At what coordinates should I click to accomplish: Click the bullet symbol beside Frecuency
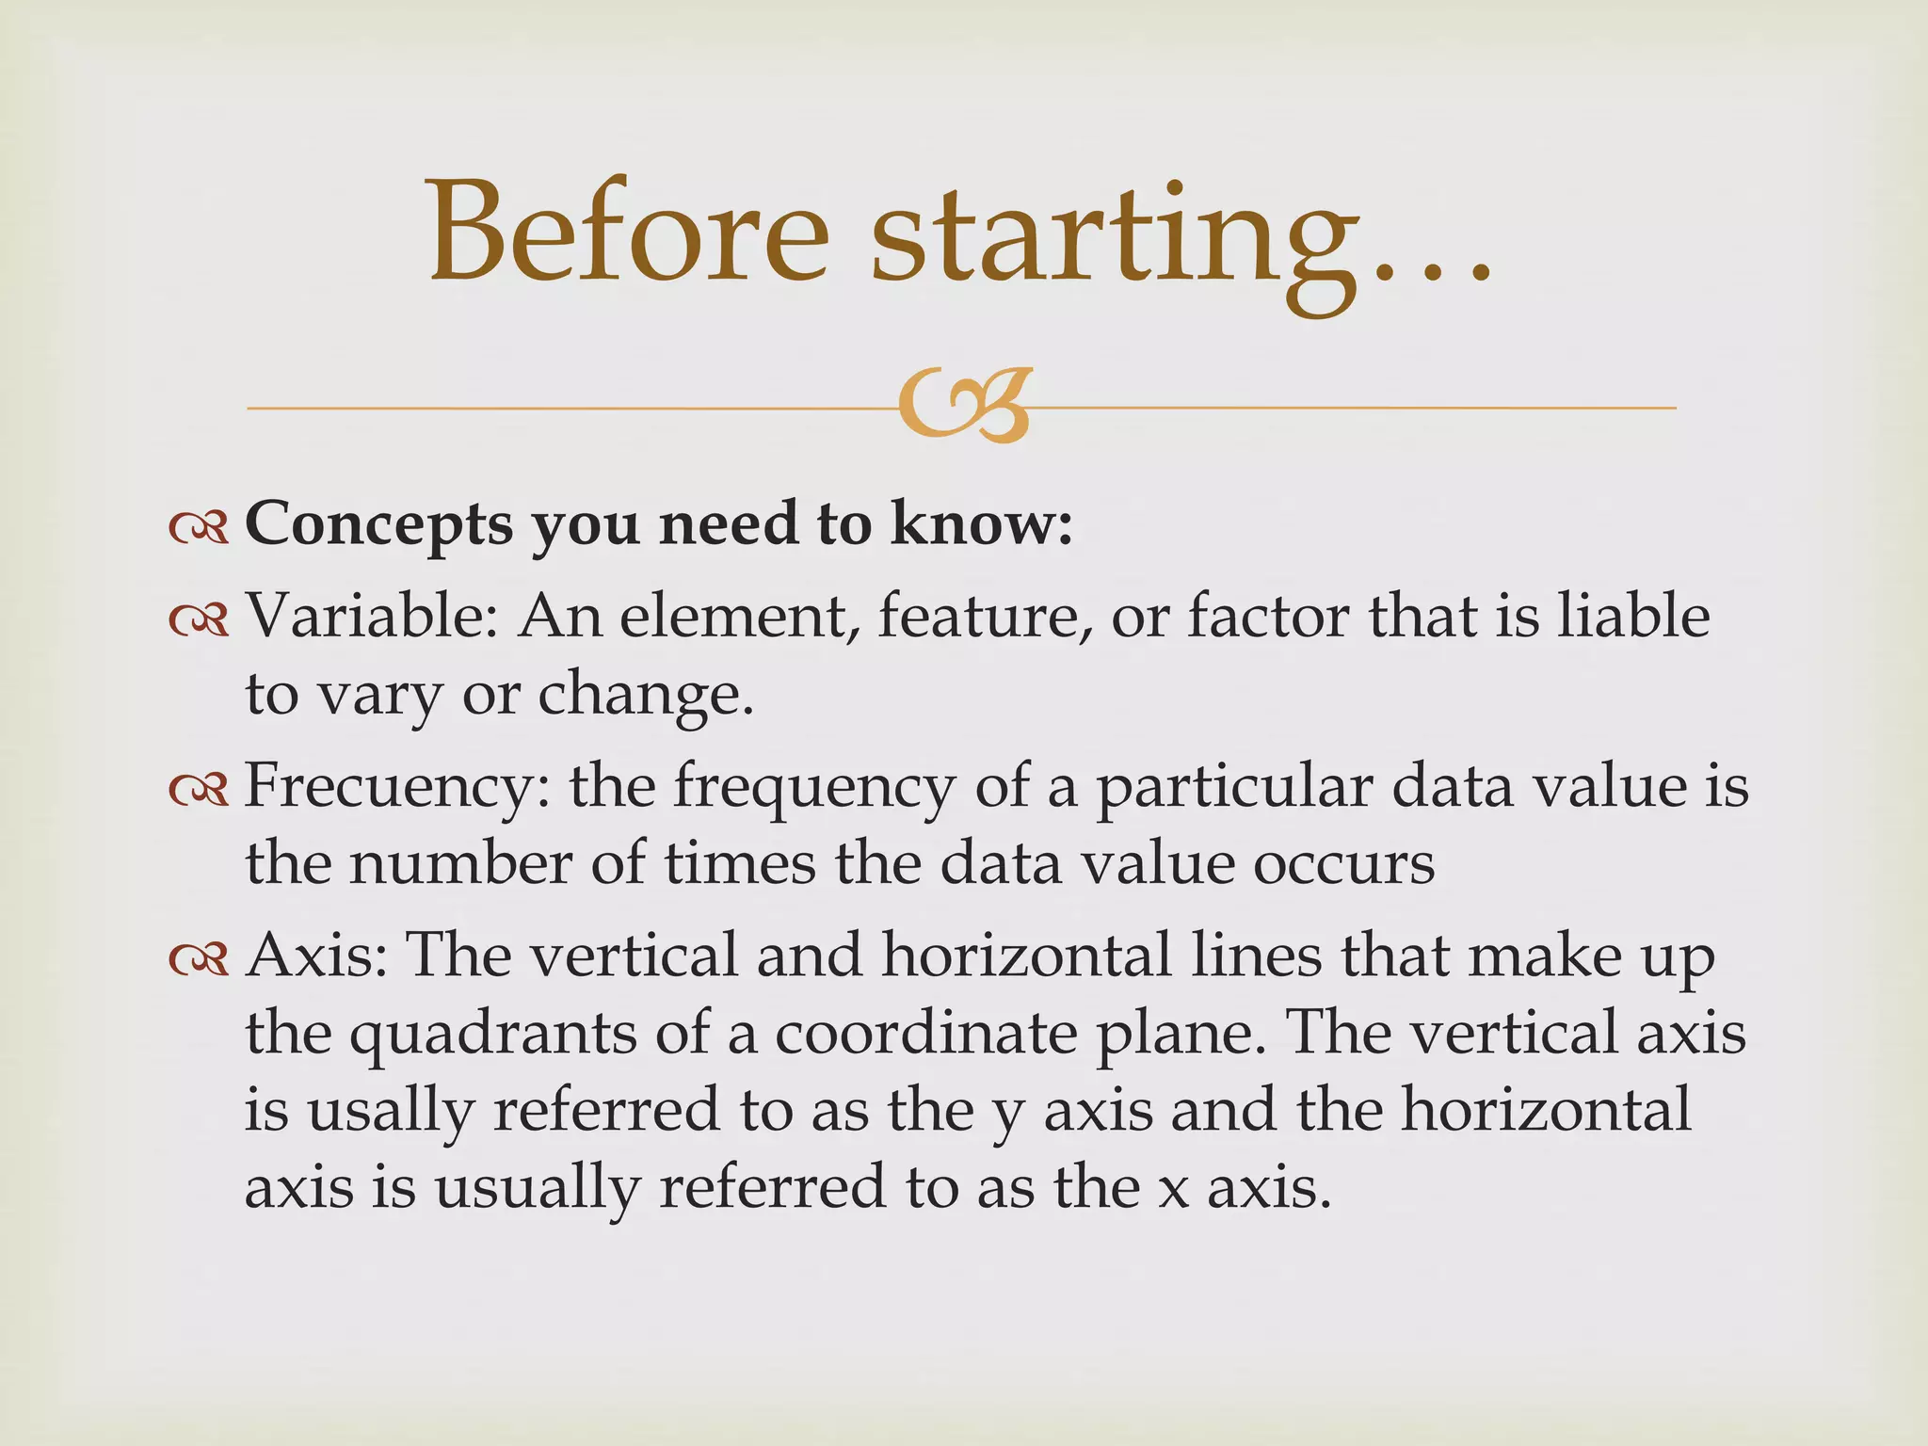199,791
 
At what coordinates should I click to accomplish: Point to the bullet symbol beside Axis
199,959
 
